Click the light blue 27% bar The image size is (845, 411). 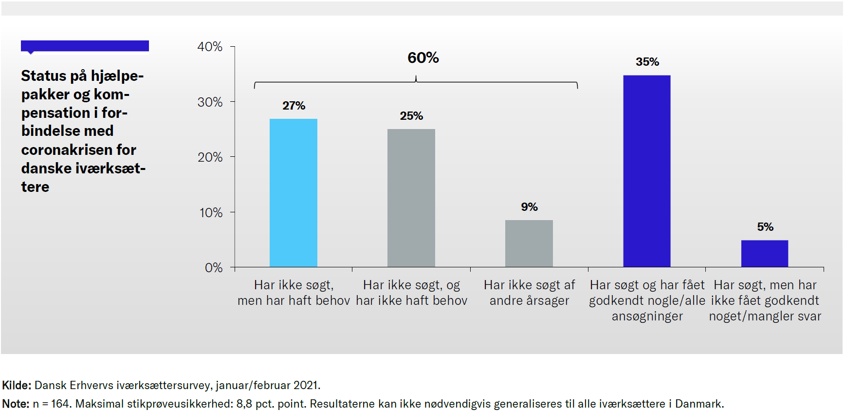click(x=294, y=193)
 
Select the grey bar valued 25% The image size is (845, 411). click(x=411, y=198)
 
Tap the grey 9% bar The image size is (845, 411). click(x=529, y=243)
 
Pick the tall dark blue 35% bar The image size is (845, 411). click(x=647, y=171)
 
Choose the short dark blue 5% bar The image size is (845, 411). click(x=765, y=253)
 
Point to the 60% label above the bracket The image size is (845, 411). click(x=423, y=58)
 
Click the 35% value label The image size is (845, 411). click(x=647, y=62)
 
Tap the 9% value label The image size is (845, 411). click(x=529, y=207)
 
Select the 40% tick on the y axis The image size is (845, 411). click(x=210, y=47)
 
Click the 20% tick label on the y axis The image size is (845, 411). click(x=210, y=157)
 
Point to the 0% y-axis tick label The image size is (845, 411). click(x=213, y=268)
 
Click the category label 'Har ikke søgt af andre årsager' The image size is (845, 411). click(x=529, y=293)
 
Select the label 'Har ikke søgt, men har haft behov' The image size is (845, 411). click(x=294, y=293)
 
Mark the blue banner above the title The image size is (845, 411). click(x=85, y=46)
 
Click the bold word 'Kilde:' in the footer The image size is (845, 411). click(x=17, y=386)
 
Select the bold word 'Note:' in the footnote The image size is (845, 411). click(x=16, y=404)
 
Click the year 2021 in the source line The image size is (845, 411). click(x=306, y=386)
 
